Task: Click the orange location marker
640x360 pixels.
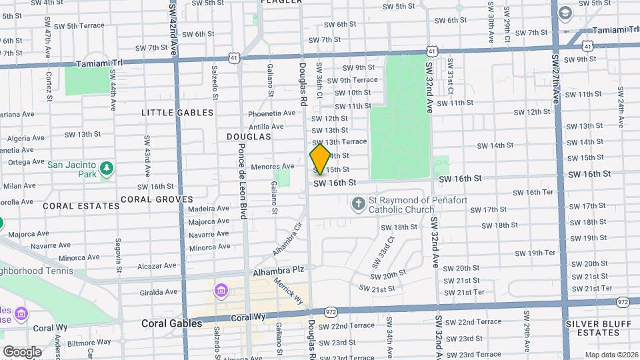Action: (320, 158)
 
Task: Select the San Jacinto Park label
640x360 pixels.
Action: (71, 170)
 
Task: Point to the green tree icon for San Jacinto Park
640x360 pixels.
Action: (106, 169)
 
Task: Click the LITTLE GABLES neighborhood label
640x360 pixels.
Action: (177, 113)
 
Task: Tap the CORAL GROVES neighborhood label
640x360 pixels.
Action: (157, 199)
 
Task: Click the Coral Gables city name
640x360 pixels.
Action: (172, 323)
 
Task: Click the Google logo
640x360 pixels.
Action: (22, 351)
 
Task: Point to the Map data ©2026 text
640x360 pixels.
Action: (611, 355)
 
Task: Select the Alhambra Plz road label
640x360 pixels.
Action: (278, 272)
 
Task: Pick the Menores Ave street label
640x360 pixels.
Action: (273, 166)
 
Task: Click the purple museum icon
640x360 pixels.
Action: (221, 291)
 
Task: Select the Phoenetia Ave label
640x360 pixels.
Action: (271, 113)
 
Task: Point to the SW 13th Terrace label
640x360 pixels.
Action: (345, 141)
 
